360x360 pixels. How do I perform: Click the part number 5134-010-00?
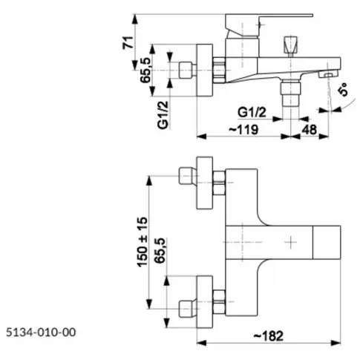pos(41,332)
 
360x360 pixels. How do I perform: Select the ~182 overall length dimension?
pos(269,336)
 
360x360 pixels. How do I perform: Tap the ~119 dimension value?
pos(243,129)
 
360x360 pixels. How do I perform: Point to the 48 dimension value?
pos(310,129)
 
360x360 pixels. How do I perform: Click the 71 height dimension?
pos(128,42)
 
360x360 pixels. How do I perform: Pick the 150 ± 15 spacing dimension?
pos(143,242)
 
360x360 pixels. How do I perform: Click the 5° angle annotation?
pos(344,90)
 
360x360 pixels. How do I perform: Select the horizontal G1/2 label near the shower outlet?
pos(252,112)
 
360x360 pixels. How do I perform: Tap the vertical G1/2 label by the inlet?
pos(163,115)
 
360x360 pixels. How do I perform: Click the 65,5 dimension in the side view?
pos(145,71)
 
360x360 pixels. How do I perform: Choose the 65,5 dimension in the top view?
pos(160,251)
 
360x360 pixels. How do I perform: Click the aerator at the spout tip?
pos(328,73)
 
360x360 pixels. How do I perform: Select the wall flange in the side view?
pos(204,71)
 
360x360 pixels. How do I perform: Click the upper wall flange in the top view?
pos(204,183)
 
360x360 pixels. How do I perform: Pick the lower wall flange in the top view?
pos(204,301)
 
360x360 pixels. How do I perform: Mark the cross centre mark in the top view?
pos(290,242)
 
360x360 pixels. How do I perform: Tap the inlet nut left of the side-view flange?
pos(186,71)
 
